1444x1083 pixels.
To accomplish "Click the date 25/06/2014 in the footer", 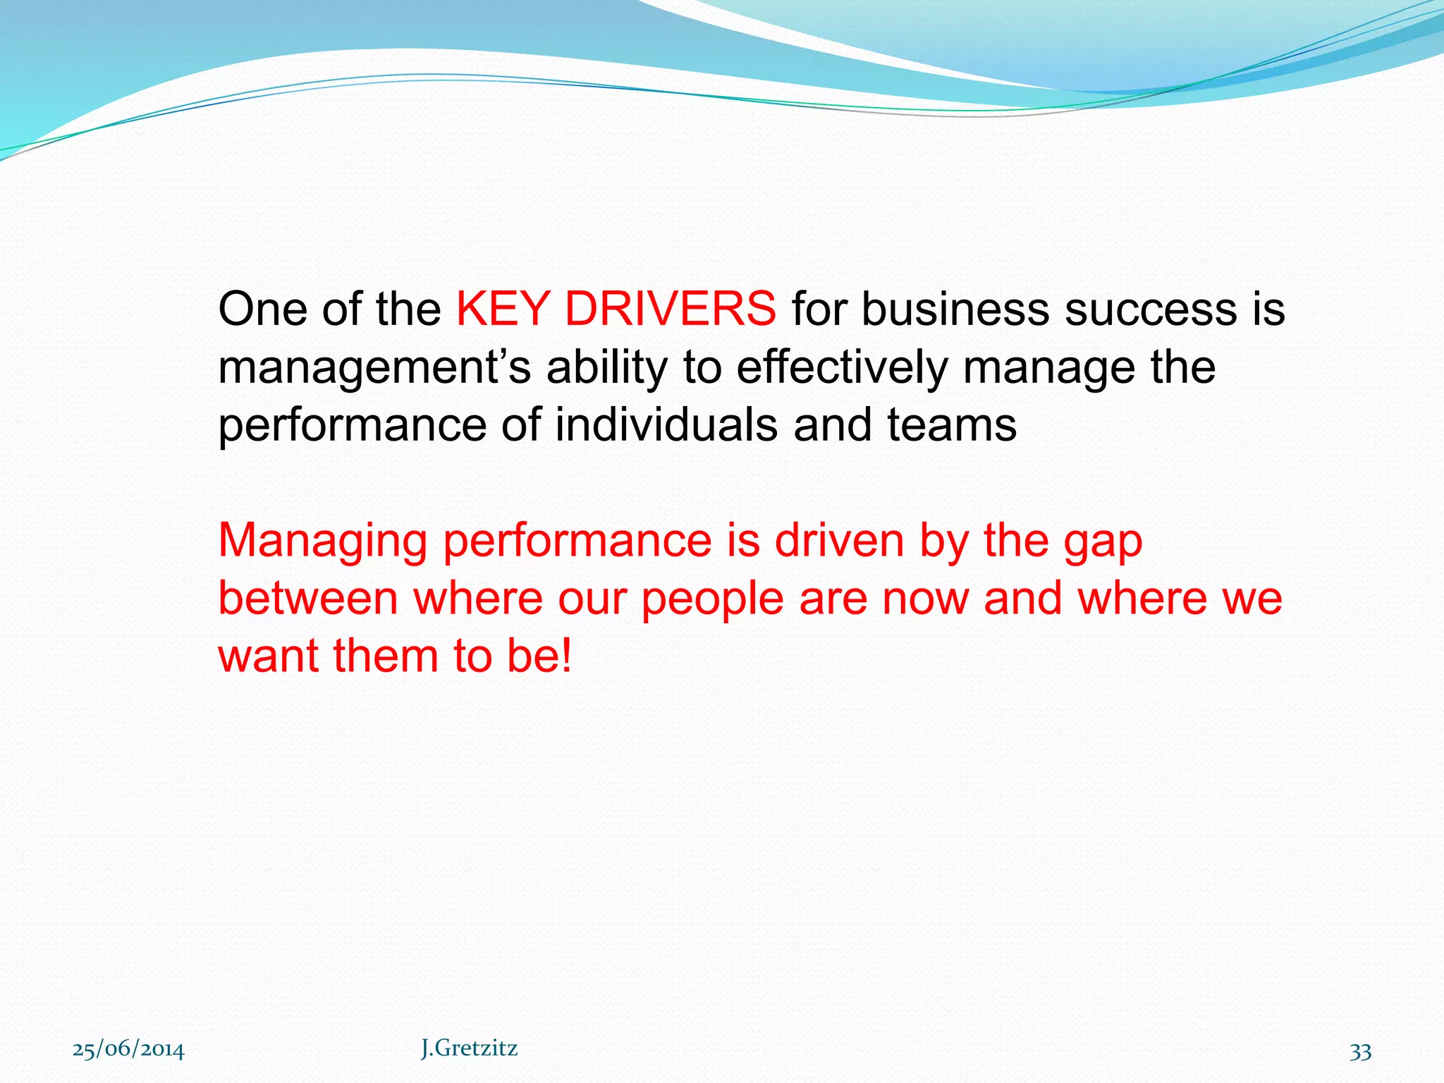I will pos(128,1050).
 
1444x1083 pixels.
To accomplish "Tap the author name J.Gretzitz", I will pos(469,1048).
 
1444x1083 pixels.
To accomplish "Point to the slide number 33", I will pos(1360,1051).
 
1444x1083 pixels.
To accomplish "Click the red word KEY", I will pos(502,309).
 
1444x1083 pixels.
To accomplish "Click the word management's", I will pos(374,368).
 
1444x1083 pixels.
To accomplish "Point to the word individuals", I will pos(666,424).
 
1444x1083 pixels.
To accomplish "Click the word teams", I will pos(951,424).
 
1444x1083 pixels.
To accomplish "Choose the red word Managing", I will pos(322,541).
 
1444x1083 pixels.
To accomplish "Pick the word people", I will pos(711,599).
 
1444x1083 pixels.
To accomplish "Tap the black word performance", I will pos(352,426).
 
